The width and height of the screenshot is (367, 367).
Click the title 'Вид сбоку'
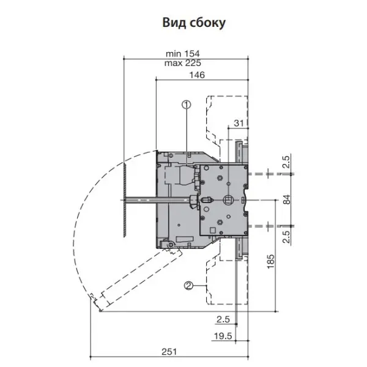coord(194,23)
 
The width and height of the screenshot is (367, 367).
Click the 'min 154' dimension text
coord(182,54)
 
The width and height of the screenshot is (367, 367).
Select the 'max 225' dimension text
coord(182,63)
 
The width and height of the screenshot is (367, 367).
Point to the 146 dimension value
coord(197,75)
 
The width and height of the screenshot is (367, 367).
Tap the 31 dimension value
coord(239,124)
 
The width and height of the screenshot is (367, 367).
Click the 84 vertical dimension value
coord(287,199)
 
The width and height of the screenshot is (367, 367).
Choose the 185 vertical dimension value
coord(270,261)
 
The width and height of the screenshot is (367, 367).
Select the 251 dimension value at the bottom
coord(169,352)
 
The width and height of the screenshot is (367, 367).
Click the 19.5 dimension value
coord(223,336)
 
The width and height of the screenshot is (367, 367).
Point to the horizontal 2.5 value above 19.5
coord(223,319)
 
